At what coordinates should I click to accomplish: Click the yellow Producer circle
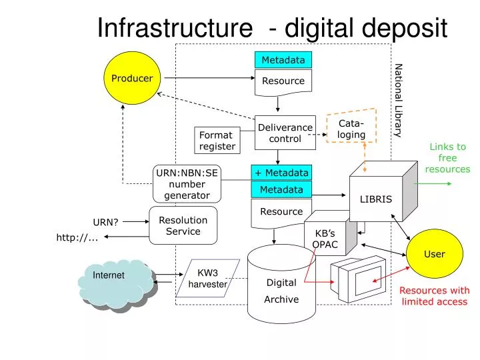(x=132, y=78)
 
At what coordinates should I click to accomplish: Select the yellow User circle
(x=434, y=254)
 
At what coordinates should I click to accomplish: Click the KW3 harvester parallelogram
(x=207, y=278)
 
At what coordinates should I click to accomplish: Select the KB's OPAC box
(x=325, y=237)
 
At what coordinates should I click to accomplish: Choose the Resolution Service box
(x=183, y=225)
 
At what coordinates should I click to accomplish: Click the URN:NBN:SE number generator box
(x=187, y=184)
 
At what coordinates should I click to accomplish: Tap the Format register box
(x=217, y=141)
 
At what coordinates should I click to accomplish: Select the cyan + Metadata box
(x=281, y=173)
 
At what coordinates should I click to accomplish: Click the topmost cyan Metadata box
(x=283, y=60)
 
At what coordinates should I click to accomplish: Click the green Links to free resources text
(x=447, y=158)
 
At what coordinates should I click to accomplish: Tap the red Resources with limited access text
(x=434, y=295)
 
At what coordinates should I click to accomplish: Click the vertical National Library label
(x=398, y=100)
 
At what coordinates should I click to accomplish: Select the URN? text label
(x=105, y=222)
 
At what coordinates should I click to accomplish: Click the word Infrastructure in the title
(x=170, y=27)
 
